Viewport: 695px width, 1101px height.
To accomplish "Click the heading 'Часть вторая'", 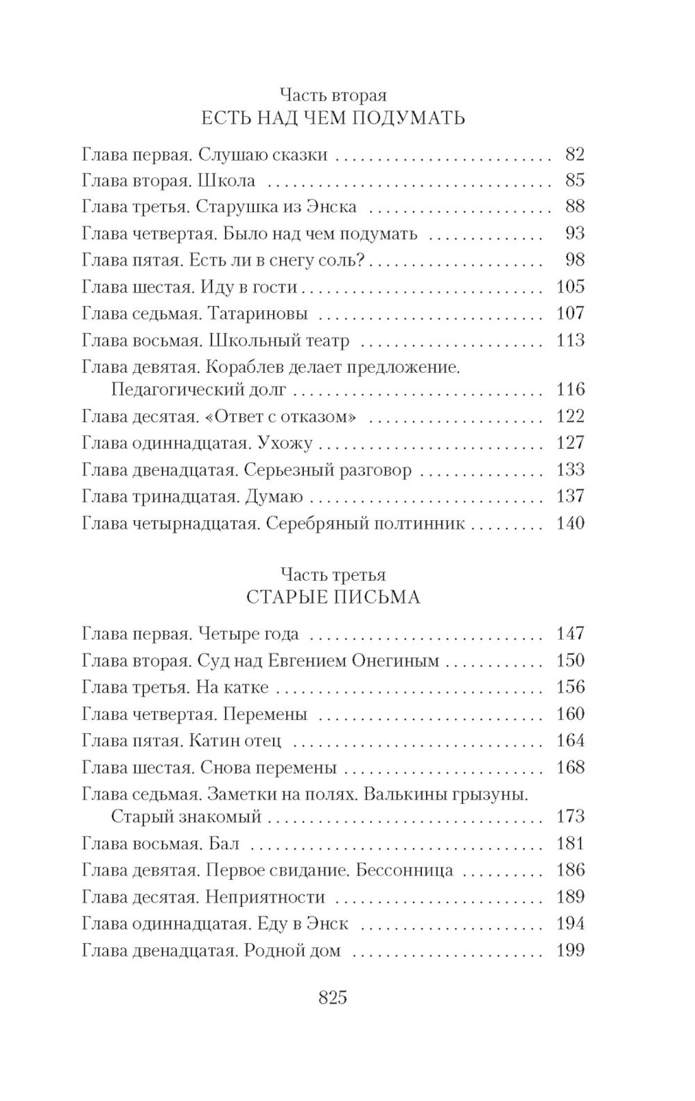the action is click(x=332, y=94).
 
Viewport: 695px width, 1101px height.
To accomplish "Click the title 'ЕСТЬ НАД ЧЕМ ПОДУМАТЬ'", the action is click(x=332, y=118).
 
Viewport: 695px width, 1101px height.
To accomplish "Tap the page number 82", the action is click(x=575, y=154).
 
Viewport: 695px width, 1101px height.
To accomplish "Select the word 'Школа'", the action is click(x=227, y=181).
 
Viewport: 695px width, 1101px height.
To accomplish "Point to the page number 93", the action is click(x=575, y=233).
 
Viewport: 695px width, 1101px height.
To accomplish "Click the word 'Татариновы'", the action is click(x=257, y=314).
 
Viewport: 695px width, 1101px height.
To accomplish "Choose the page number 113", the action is click(x=570, y=340).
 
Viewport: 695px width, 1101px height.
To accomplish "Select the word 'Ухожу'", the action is click(x=285, y=443).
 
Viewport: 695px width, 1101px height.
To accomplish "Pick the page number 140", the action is click(x=570, y=522).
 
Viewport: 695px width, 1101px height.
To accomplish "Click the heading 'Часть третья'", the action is click(x=333, y=574).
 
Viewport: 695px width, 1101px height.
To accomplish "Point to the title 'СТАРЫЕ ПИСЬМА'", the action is click(x=333, y=597).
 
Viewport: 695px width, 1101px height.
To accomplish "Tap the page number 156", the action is click(x=570, y=687).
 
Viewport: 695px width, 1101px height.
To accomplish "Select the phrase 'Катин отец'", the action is click(x=235, y=741).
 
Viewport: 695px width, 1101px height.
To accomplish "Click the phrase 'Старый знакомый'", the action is click(x=186, y=817).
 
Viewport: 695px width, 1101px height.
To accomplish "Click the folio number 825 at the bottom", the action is click(x=332, y=997).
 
